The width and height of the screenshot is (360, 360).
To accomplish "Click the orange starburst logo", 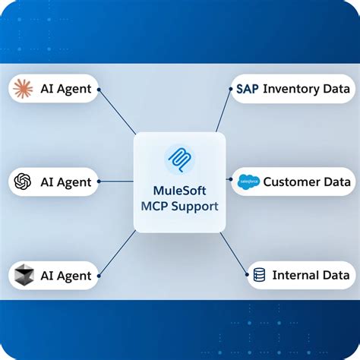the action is pos(23,89).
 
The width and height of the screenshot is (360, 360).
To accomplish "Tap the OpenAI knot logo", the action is pos(23,182).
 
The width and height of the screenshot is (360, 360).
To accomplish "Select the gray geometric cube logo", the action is pos(24,275).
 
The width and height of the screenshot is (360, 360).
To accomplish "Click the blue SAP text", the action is pos(248,89).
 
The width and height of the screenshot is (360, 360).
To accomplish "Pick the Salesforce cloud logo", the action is pos(248,182).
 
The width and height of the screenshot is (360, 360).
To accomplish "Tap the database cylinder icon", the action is pos(259,275).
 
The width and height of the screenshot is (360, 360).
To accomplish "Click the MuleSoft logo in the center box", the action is pos(180,159).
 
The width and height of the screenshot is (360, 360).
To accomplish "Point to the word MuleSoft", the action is pos(179,191).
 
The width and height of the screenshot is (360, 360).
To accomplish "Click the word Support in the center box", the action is pos(194,207).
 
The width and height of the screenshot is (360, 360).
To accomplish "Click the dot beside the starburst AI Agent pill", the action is pos(99,90).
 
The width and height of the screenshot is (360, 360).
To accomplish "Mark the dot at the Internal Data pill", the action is pos(247,274).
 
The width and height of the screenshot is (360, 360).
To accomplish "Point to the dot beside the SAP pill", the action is pos(230,89).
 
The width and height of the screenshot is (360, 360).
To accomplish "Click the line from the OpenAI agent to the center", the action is pos(116,182).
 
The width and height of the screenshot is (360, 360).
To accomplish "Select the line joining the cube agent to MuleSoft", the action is pos(117,253).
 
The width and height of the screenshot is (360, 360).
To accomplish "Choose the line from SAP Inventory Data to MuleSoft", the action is pos(223,110).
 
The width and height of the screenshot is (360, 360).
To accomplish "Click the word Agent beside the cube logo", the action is pos(74,276).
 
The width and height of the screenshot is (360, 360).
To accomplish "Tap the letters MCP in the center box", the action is pos(154,207).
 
